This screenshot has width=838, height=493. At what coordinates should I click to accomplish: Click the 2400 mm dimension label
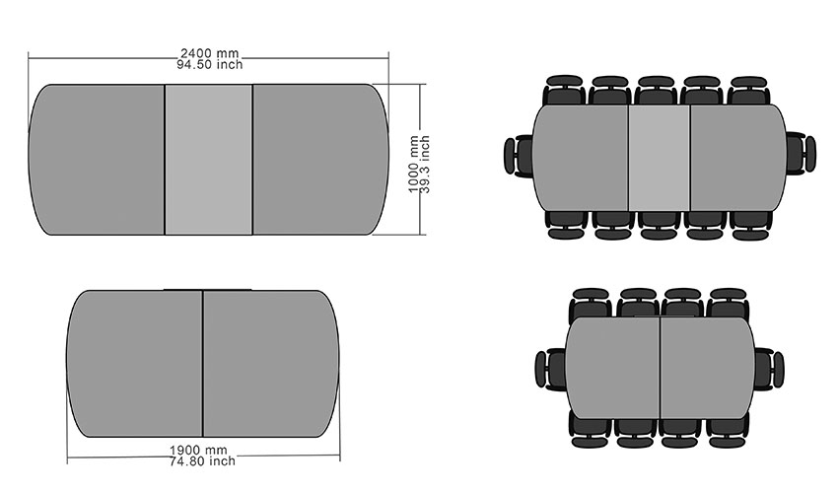click(x=209, y=53)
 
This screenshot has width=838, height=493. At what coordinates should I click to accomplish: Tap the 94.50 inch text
click(x=209, y=65)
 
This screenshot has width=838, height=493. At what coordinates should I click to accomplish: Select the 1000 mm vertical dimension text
click(x=414, y=164)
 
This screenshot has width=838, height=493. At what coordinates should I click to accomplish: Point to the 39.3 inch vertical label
click(x=425, y=164)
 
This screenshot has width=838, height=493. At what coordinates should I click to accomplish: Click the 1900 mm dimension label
click(x=198, y=451)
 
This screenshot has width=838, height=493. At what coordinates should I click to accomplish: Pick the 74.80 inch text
click(x=202, y=460)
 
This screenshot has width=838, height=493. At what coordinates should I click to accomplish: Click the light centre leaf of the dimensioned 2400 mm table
click(x=208, y=160)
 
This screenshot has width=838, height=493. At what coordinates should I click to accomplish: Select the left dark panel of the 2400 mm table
click(x=97, y=160)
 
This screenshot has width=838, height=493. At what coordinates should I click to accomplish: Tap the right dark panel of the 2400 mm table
click(x=320, y=160)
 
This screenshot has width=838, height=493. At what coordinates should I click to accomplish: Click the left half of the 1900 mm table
click(x=135, y=364)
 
